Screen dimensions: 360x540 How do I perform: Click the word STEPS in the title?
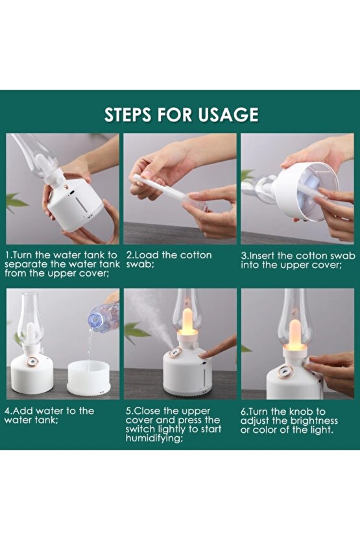point(128,115)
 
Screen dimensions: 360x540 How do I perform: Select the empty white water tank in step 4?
point(88,378)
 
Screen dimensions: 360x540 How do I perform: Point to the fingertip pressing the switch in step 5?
point(204,355)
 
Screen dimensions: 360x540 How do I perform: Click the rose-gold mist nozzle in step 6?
point(285,373)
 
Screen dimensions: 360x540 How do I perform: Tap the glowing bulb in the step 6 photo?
point(295,335)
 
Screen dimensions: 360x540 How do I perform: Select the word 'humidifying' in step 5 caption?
point(153,439)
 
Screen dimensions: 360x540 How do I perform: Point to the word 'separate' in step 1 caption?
point(24,265)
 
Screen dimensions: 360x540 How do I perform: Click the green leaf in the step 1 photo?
point(16,202)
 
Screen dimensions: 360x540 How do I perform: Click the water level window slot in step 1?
point(82,206)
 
